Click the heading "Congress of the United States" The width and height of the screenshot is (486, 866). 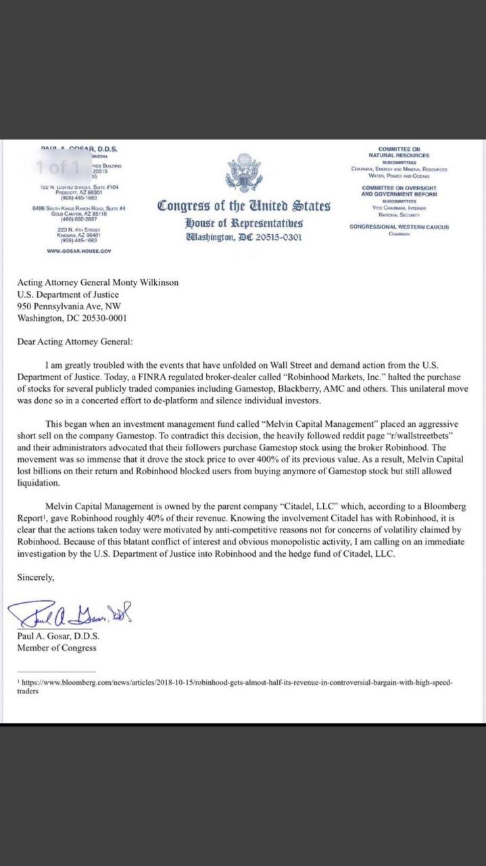click(244, 206)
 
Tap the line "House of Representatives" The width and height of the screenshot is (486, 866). click(244, 223)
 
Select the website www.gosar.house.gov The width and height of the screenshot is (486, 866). click(78, 250)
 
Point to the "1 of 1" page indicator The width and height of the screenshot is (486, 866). click(59, 166)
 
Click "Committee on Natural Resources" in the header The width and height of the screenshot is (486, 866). click(399, 152)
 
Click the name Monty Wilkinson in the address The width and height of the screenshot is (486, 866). click(145, 283)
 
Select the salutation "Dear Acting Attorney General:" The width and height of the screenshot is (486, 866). click(75, 342)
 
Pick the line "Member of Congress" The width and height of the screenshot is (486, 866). click(57, 647)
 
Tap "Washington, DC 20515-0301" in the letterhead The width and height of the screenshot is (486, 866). click(244, 237)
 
